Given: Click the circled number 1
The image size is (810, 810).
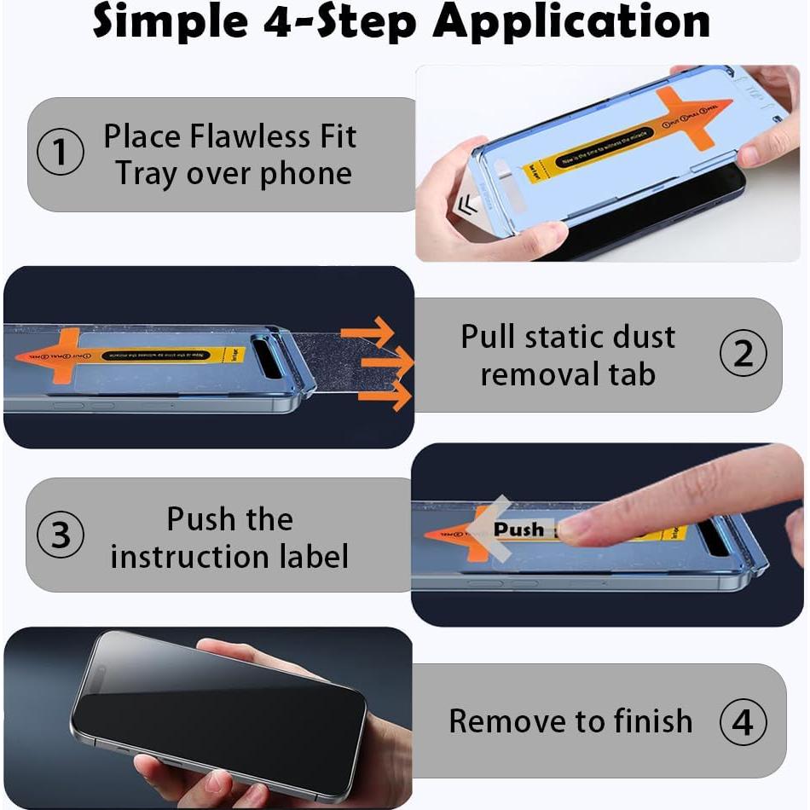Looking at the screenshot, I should pyautogui.click(x=61, y=153).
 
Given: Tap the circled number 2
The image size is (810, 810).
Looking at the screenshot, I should pyautogui.click(x=743, y=354).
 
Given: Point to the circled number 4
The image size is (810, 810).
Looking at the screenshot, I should pyautogui.click(x=743, y=721).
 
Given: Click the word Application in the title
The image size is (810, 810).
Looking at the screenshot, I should pyautogui.click(x=571, y=22).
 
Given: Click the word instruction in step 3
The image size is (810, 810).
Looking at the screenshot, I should pyautogui.click(x=195, y=557).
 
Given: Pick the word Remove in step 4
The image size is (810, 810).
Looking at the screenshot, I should pyautogui.click(x=502, y=721).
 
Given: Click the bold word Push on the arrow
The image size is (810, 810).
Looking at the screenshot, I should pyautogui.click(x=518, y=529).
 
